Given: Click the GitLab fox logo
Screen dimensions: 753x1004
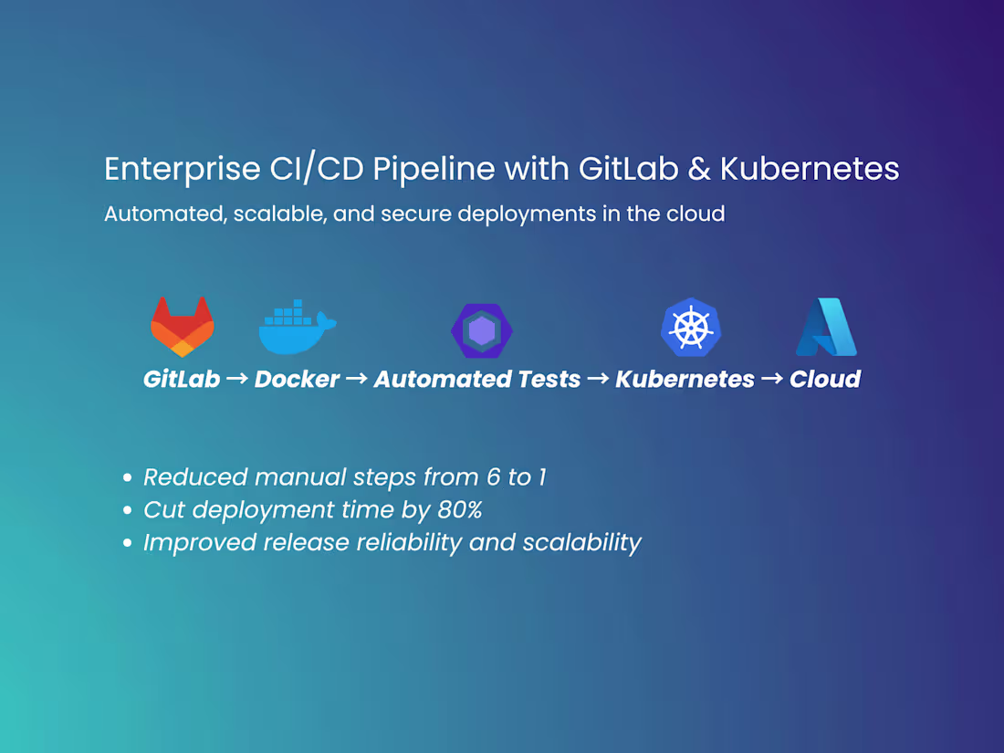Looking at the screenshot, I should [183, 327].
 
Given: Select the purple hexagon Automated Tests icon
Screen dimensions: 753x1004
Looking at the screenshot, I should [482, 330].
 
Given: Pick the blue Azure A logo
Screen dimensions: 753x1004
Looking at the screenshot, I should [827, 327].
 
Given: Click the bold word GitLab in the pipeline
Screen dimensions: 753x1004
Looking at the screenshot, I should [182, 380].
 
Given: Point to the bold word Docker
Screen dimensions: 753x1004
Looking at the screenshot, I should [297, 380].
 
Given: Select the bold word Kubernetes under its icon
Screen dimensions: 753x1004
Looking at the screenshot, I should [685, 380].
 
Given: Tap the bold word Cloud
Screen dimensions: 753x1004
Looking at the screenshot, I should [824, 380].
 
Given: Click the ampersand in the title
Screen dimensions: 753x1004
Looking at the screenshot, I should [701, 170].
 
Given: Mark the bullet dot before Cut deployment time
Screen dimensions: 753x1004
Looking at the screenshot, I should [128, 510].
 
